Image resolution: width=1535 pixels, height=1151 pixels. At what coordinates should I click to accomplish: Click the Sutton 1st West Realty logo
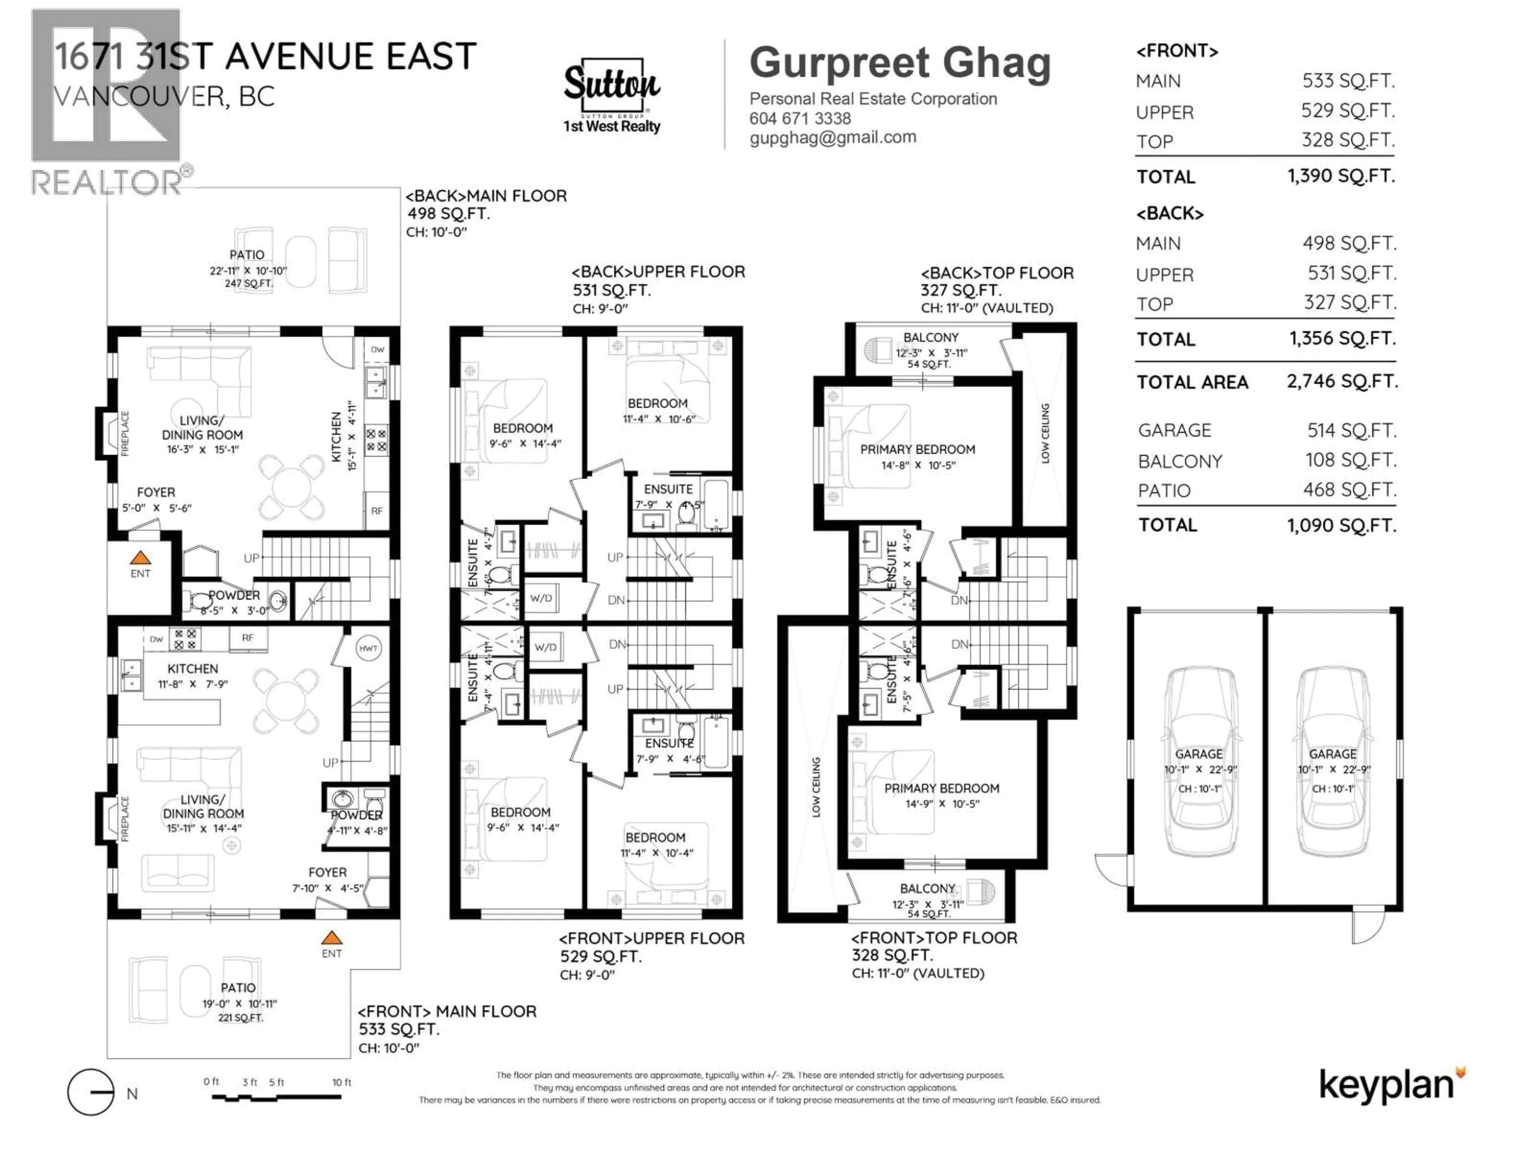click(x=611, y=96)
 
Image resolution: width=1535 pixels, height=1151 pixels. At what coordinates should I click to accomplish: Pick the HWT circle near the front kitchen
click(x=368, y=649)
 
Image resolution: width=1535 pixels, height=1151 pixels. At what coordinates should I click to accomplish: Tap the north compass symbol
click(x=91, y=1092)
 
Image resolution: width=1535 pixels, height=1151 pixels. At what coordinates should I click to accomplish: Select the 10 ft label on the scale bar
click(x=341, y=1082)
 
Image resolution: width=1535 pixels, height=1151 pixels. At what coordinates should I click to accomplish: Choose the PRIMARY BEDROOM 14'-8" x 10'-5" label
click(x=917, y=456)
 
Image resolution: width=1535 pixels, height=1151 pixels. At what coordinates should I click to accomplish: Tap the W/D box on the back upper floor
click(x=541, y=598)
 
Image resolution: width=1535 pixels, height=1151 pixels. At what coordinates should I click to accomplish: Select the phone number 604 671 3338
click(x=799, y=119)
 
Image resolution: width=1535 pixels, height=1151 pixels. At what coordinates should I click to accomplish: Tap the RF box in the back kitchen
click(x=376, y=511)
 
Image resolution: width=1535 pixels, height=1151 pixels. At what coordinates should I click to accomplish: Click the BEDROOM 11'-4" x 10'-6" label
click(x=658, y=410)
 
